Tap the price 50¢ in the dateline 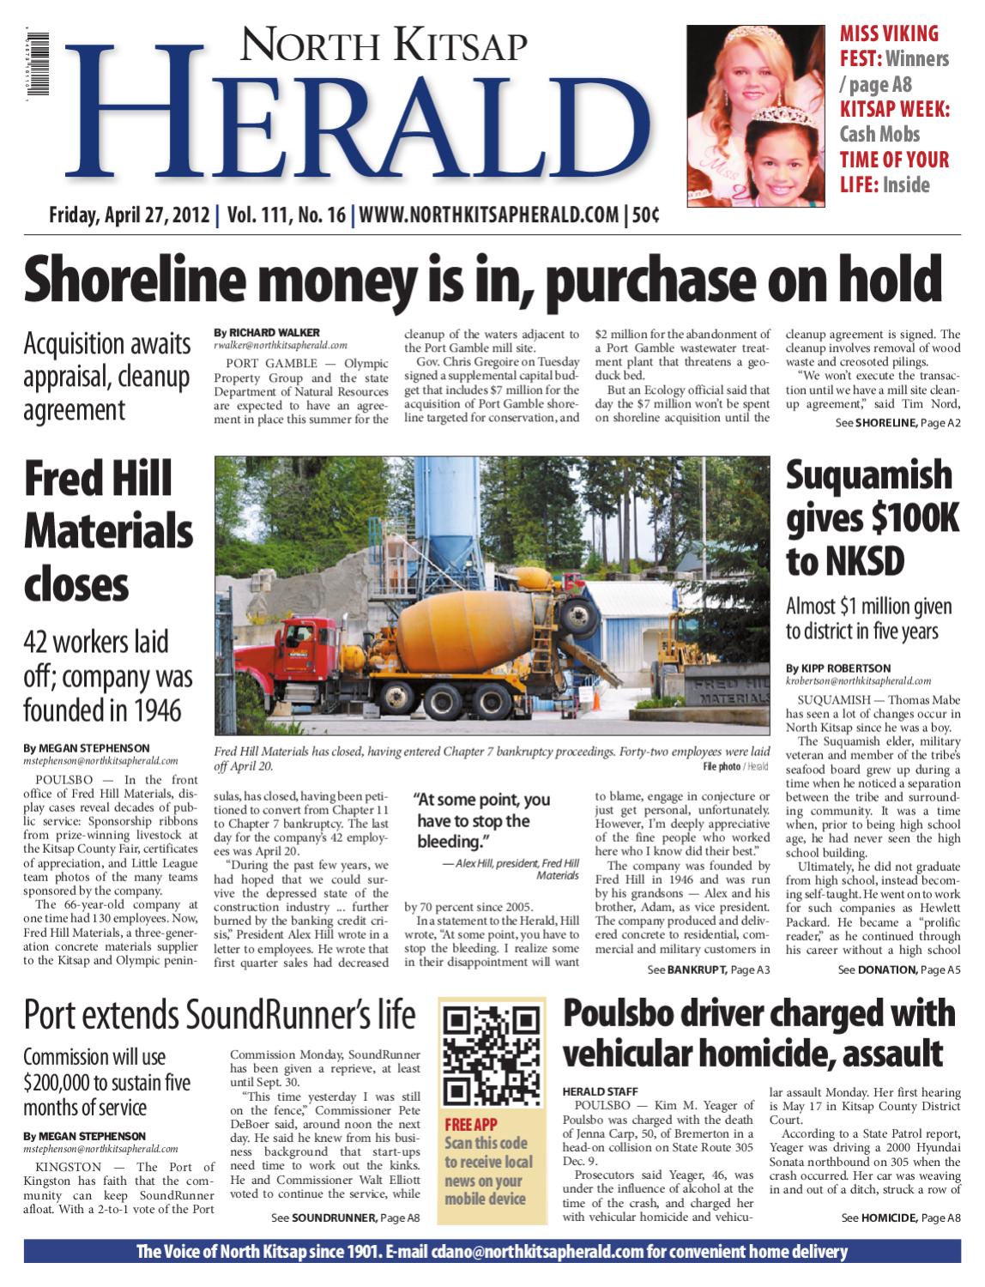(x=645, y=214)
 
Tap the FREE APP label (x=470, y=1124)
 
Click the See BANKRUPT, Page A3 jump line (x=709, y=970)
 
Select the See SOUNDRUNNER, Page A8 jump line (x=345, y=1218)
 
